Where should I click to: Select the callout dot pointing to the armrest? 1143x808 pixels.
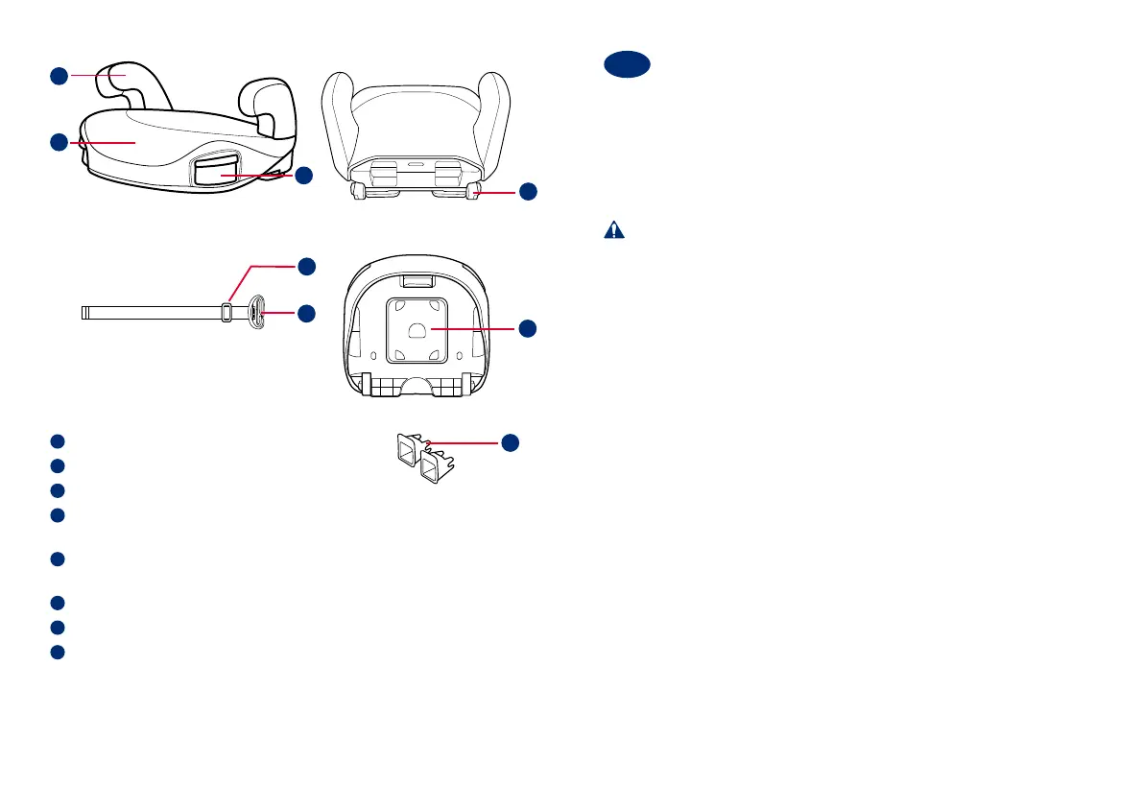[x=59, y=75]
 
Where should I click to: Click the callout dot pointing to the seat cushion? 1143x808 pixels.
[x=59, y=143]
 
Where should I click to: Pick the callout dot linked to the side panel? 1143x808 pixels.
[x=303, y=176]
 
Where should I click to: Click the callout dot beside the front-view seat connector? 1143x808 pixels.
[x=527, y=192]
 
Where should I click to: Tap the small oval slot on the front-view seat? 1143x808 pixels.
[x=416, y=163]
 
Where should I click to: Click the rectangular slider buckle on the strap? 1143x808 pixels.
[x=226, y=312]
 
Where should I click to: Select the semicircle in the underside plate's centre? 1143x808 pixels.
[x=416, y=329]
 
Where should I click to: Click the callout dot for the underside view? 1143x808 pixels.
[x=527, y=328]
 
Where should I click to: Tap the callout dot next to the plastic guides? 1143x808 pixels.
[x=511, y=441]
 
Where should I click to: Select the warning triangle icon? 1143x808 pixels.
[x=613, y=230]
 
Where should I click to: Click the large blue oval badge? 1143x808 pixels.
[x=628, y=66]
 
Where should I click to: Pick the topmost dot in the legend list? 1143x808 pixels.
[x=58, y=441]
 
